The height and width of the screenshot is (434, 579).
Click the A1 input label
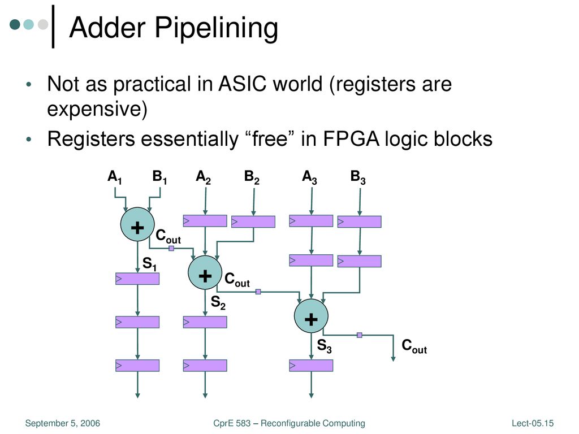114,177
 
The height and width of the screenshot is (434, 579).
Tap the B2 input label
252,177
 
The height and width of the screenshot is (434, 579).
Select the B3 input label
358,177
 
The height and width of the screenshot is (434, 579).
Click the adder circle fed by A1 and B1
137,224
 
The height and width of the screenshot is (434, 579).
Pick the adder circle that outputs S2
205,272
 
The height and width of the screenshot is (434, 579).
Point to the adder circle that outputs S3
311,316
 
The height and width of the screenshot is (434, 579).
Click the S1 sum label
149,264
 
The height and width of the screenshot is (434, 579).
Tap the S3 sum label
324,346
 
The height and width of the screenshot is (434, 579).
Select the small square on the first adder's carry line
171,249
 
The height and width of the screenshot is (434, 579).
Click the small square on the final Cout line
359,335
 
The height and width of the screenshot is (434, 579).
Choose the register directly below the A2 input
205,221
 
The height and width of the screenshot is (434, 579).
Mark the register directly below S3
311,366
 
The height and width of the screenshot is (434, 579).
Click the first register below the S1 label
137,279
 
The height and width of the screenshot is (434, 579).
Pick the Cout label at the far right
414,346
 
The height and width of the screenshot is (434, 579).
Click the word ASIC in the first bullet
242,84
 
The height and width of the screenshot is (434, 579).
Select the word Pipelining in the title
216,28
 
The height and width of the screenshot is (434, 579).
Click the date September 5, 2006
62,423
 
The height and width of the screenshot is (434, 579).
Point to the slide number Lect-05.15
533,423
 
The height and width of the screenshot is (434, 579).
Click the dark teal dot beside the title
15,24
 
